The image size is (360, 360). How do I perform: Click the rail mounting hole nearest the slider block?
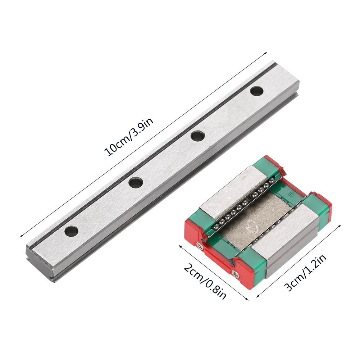tap(197, 136)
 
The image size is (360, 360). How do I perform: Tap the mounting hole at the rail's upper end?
tap(256, 91)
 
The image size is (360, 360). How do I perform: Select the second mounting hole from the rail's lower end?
tap(136, 183)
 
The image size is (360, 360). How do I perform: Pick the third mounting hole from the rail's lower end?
tap(197, 136)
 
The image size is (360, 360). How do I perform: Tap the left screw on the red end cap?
tap(200, 246)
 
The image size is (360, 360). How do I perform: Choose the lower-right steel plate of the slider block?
tap(284, 237)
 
